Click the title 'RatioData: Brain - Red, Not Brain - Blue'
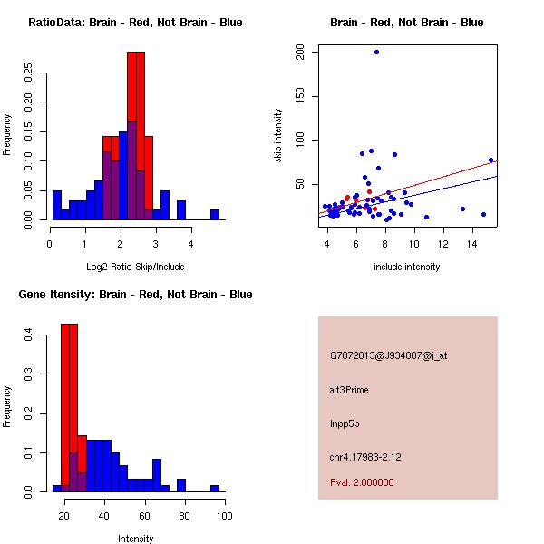click(135, 22)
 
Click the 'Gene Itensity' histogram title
click(135, 294)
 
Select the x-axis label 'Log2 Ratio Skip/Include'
click(136, 267)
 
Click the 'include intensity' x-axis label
click(407, 267)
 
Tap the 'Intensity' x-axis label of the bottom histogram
click(136, 539)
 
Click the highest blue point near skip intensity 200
click(376, 52)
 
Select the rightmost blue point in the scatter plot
click(491, 160)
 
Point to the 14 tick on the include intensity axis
click(471, 244)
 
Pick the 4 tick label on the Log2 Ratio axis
click(191, 244)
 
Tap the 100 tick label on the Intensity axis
click(224, 516)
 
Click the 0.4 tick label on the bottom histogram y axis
click(28, 335)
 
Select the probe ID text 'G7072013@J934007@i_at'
click(388, 355)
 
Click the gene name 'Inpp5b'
click(345, 423)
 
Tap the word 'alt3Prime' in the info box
click(349, 390)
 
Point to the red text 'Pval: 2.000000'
click(362, 482)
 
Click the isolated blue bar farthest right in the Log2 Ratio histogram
click(215, 215)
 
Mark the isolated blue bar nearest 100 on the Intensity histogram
click(215, 488)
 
